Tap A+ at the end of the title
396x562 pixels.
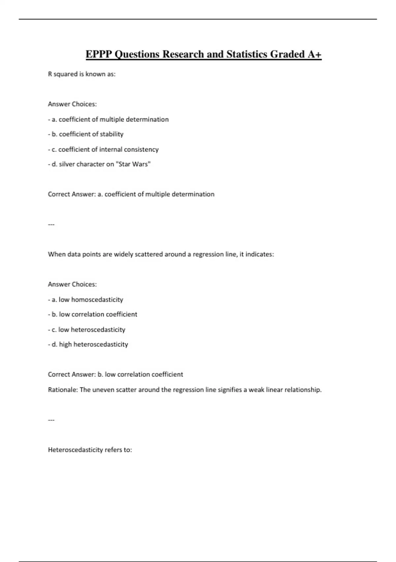[314, 54]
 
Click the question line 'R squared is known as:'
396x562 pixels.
[82, 74]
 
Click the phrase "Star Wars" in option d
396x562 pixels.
[133, 164]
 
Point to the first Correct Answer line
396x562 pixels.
[131, 194]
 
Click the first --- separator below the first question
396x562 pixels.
[51, 224]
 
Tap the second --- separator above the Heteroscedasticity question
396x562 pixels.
[51, 420]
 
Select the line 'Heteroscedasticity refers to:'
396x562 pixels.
[90, 450]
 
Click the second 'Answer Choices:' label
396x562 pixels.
[72, 284]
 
